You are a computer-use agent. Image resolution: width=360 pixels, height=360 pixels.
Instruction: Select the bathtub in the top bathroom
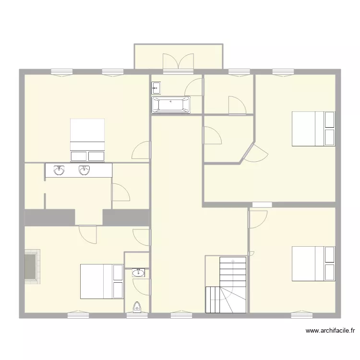point(171,105)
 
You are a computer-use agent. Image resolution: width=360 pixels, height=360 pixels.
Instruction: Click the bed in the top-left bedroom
point(87,140)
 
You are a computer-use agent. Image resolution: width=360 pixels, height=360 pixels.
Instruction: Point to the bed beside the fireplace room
point(102,281)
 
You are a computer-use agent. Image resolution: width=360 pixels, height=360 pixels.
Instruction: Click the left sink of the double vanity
point(60,170)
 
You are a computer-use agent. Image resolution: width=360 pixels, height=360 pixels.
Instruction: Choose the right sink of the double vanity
point(84,170)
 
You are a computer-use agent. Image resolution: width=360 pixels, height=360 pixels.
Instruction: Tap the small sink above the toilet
point(139,273)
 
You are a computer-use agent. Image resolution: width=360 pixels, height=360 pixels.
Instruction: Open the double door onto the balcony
point(178,63)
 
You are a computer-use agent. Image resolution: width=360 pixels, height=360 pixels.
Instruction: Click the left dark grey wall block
point(49,217)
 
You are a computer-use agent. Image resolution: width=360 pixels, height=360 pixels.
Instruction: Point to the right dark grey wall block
point(126,217)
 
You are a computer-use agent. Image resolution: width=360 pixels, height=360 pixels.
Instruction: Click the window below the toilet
point(137,315)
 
